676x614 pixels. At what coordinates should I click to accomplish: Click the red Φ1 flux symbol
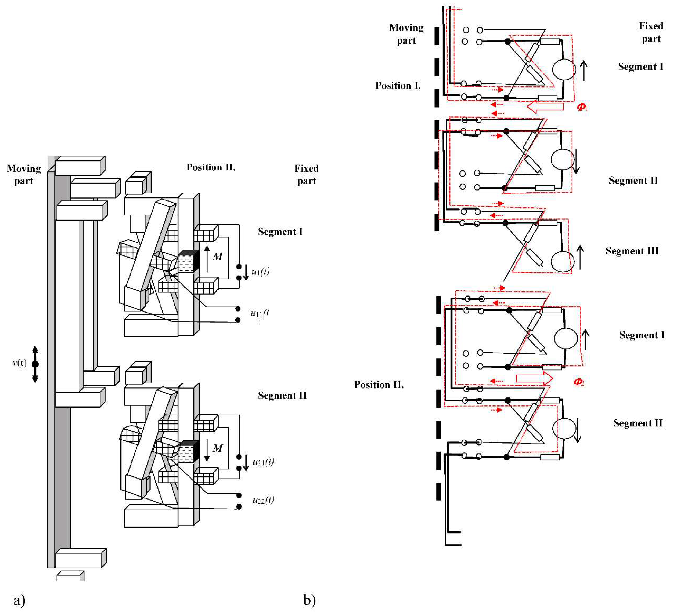(581, 107)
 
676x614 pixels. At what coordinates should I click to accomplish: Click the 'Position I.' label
(398, 86)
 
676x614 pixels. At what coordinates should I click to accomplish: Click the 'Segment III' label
(632, 251)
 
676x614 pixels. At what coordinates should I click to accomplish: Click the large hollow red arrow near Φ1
(545, 107)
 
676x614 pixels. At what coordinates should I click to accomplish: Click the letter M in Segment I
(217, 257)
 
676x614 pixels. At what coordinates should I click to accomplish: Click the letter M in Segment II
(217, 448)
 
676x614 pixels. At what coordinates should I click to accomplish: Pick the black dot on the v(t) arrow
(35, 364)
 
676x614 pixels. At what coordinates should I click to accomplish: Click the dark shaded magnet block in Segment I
(189, 261)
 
